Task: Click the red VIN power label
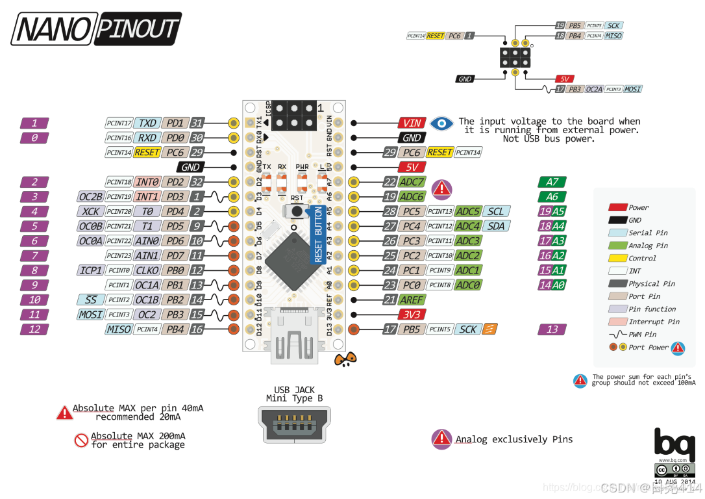[412, 123]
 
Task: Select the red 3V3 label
[412, 314]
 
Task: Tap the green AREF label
[412, 300]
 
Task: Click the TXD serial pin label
[147, 123]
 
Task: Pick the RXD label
[147, 137]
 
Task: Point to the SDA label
[495, 226]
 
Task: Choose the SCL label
[495, 211]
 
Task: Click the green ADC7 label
[412, 182]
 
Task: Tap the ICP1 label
[90, 270]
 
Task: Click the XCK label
[90, 211]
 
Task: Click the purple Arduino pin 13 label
[552, 329]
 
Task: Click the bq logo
[669, 444]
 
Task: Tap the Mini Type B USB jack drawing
[294, 426]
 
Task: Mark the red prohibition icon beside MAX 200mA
[81, 441]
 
